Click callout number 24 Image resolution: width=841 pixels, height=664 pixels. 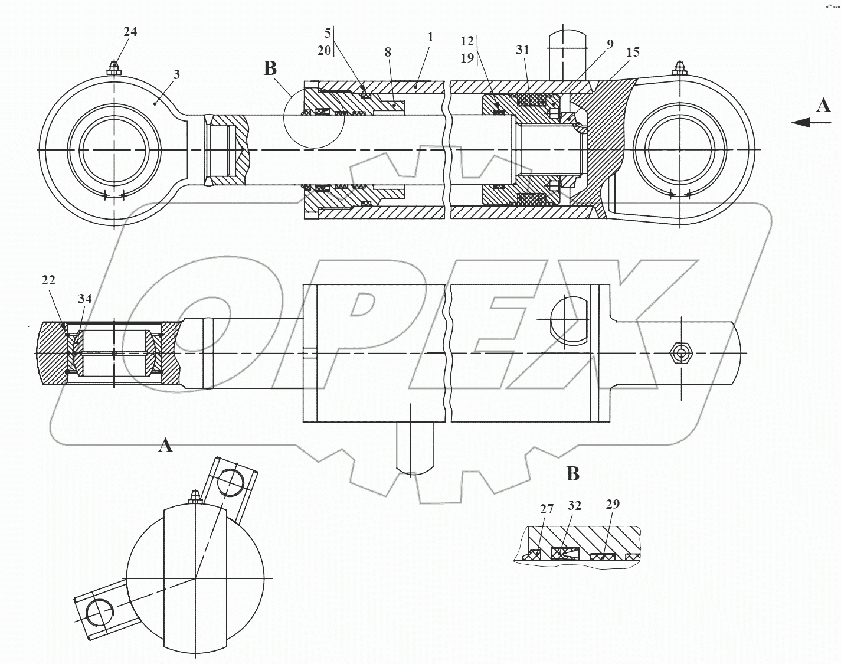[130, 31]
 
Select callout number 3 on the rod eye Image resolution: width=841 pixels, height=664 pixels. [176, 74]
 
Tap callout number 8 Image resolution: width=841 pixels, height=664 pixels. [388, 52]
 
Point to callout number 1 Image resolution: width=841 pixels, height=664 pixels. [430, 37]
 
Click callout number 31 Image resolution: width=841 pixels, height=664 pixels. [523, 50]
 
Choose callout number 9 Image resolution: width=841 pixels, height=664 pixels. [610, 44]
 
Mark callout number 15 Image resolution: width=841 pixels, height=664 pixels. [633, 52]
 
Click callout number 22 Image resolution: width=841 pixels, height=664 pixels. [48, 280]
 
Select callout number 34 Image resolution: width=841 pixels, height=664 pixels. [85, 299]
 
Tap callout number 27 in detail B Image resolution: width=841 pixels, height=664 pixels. [547, 508]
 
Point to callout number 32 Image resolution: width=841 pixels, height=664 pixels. [574, 505]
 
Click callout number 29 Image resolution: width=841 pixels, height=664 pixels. [613, 503]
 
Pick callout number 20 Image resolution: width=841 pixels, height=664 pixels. [324, 50]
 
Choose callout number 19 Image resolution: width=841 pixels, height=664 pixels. [467, 57]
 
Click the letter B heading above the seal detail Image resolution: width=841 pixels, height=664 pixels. [572, 473]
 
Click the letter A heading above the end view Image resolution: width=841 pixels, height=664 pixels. [165, 444]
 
